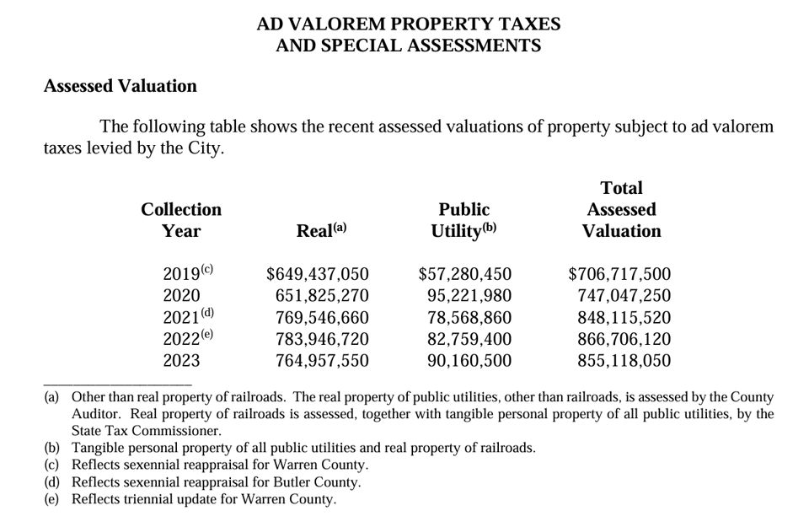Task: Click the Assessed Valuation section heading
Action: [x=120, y=86]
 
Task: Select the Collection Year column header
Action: [x=181, y=220]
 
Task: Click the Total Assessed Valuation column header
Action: [x=621, y=209]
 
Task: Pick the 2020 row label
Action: [x=181, y=296]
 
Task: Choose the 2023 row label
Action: [x=181, y=361]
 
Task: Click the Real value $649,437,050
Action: [x=318, y=274]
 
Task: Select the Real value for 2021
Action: [x=323, y=318]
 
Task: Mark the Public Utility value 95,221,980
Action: [x=469, y=296]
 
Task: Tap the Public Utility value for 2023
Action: [x=469, y=361]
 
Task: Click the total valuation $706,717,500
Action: [x=620, y=274]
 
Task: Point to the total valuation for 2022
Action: [x=624, y=340]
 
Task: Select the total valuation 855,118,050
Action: [x=624, y=361]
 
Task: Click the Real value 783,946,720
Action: [x=323, y=340]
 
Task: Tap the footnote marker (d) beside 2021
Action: [x=207, y=314]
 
